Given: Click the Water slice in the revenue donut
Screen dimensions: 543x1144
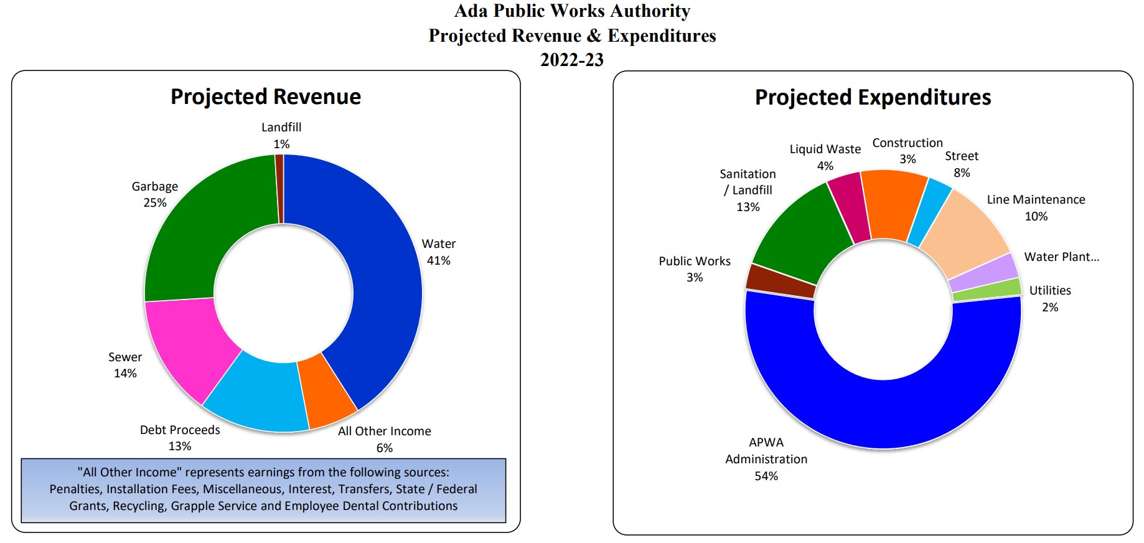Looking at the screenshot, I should click(386, 293).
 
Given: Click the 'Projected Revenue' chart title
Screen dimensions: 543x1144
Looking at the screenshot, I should click(266, 97).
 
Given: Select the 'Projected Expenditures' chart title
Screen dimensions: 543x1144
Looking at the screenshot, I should click(873, 98).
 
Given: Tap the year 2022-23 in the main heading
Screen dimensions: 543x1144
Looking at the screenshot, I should click(572, 60).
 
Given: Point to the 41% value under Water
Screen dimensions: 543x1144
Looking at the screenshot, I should click(438, 261).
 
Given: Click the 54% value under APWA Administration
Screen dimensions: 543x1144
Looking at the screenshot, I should click(766, 476).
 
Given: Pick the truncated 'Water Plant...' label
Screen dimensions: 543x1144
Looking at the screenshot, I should click(1061, 257).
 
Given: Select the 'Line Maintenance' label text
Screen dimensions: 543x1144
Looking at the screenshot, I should click(1036, 200).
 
